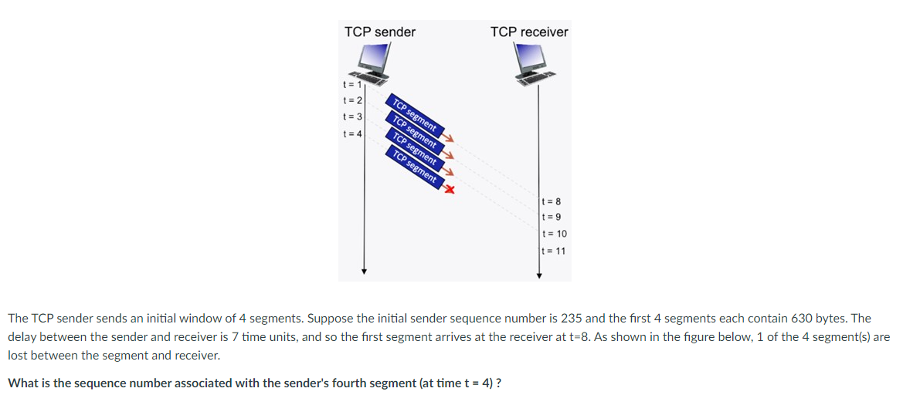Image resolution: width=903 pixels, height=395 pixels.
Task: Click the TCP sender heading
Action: [x=379, y=32]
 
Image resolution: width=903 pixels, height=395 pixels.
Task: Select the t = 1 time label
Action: [x=351, y=84]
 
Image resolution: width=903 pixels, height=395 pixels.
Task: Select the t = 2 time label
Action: [x=351, y=100]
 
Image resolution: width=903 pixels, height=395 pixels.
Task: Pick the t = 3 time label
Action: [x=351, y=116]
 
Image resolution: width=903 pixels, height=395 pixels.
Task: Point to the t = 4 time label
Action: [x=351, y=133]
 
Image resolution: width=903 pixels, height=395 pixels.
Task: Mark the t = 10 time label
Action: [x=555, y=234]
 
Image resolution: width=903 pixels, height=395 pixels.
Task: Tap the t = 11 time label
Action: [x=555, y=251]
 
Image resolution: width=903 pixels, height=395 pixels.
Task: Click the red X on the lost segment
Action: [x=448, y=189]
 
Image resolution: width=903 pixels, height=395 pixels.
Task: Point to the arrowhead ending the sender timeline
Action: [x=364, y=272]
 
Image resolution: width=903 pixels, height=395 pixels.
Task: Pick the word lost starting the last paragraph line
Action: [x=18, y=356]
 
